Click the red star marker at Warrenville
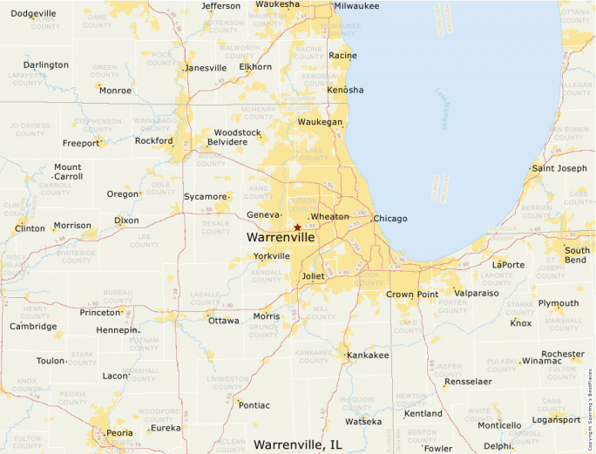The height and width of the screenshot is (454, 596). tap(297, 227)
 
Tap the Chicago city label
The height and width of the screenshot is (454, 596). tap(390, 218)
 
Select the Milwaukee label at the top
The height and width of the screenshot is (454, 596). tap(358, 5)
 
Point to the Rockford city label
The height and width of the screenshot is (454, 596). tap(153, 140)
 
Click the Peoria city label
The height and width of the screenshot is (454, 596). tap(119, 433)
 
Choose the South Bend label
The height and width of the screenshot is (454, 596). tap(577, 255)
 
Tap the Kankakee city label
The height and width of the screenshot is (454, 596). tap(368, 356)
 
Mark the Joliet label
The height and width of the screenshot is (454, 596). tap(313, 276)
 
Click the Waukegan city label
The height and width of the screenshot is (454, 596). tap(321, 122)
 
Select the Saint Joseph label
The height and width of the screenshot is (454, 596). tap(559, 168)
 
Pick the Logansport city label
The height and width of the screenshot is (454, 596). tap(556, 419)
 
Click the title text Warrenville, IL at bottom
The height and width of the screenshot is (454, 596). tap(298, 444)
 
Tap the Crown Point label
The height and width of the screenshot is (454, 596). tap(412, 295)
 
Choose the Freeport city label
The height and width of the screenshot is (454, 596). tap(81, 143)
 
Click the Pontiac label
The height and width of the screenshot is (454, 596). tap(254, 405)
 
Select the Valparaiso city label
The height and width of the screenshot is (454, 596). tap(477, 294)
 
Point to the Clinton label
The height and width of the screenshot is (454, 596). tap(30, 228)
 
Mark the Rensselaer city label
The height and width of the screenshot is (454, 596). tap(469, 382)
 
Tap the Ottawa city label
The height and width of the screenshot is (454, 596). tap(224, 321)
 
